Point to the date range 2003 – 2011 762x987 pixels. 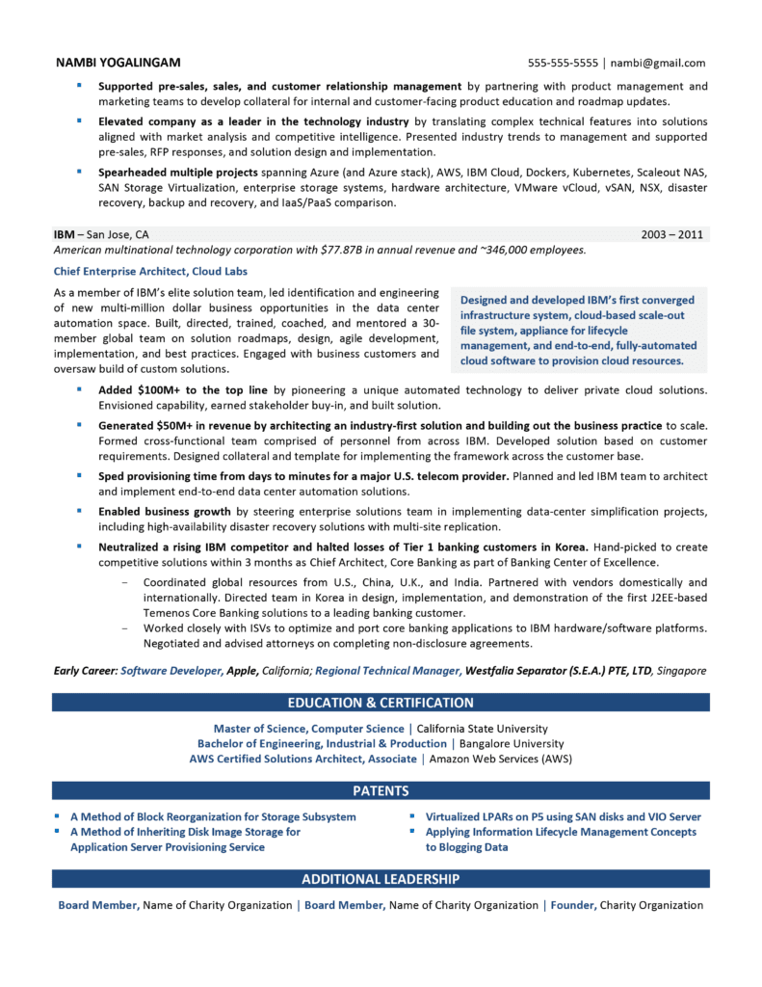(672, 234)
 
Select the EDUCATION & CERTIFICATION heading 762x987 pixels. (381, 703)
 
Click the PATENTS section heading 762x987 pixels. (381, 791)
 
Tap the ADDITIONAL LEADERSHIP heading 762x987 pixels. (381, 879)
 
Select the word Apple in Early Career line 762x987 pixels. (242, 670)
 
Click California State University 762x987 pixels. (482, 729)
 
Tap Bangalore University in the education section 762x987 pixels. (510, 744)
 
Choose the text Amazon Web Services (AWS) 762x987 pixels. (500, 760)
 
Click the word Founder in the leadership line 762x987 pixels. (572, 905)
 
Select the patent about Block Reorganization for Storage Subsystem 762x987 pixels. (213, 816)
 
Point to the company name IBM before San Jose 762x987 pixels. (64, 234)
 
